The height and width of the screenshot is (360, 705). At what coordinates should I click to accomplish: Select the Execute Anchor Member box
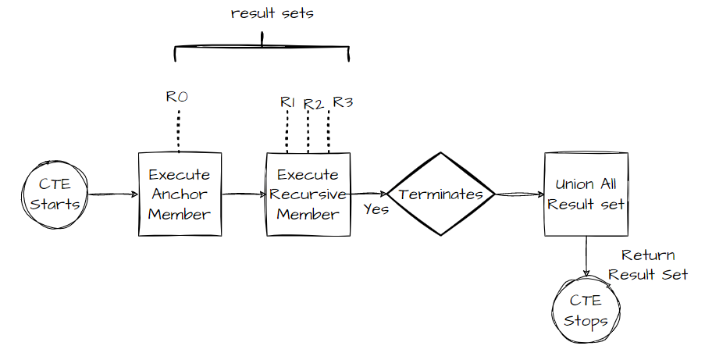pyautogui.click(x=179, y=194)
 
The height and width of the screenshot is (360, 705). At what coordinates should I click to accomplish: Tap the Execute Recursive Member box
pyautogui.click(x=308, y=194)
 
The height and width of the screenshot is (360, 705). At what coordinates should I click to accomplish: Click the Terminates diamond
pyautogui.click(x=442, y=194)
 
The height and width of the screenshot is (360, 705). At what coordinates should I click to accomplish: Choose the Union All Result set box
pyautogui.click(x=586, y=194)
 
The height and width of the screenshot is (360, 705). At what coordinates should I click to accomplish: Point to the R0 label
pyautogui.click(x=177, y=98)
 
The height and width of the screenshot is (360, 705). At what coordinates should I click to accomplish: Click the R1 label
pyautogui.click(x=288, y=102)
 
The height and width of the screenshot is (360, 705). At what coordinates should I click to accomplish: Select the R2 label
pyautogui.click(x=313, y=104)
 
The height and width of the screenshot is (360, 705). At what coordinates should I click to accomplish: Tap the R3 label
pyautogui.click(x=343, y=102)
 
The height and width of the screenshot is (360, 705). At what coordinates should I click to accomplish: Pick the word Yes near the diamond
pyautogui.click(x=376, y=209)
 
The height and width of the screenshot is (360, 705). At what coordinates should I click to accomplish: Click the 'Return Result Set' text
pyautogui.click(x=648, y=265)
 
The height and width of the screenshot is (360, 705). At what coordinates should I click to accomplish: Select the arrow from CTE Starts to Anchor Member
pyautogui.click(x=109, y=194)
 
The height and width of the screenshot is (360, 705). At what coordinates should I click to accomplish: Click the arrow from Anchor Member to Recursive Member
pyautogui.click(x=244, y=194)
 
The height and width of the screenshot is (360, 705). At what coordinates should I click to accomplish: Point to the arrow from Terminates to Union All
pyautogui.click(x=519, y=194)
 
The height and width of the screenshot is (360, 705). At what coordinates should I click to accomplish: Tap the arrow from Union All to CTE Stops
pyautogui.click(x=586, y=256)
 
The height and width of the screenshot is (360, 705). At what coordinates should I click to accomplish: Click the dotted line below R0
pyautogui.click(x=178, y=130)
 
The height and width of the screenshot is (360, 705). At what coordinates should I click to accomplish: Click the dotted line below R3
pyautogui.click(x=328, y=130)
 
